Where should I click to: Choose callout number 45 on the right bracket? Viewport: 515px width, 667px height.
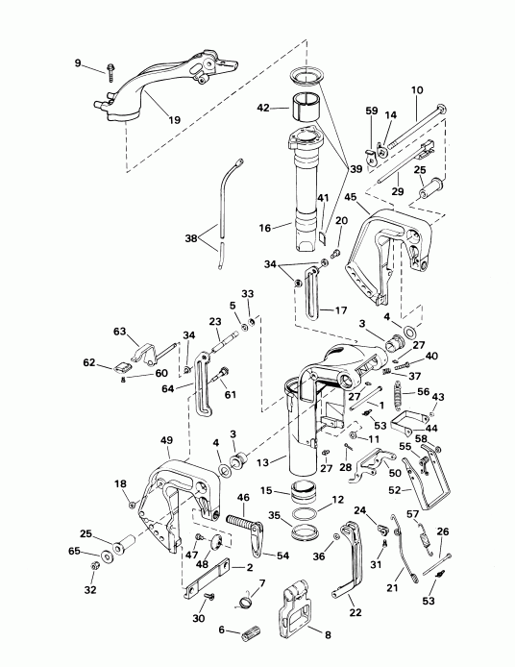click(352, 198)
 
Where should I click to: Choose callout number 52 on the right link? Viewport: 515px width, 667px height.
click(421, 489)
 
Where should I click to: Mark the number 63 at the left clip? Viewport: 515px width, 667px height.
click(120, 332)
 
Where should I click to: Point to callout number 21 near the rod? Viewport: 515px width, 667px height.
click(392, 587)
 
